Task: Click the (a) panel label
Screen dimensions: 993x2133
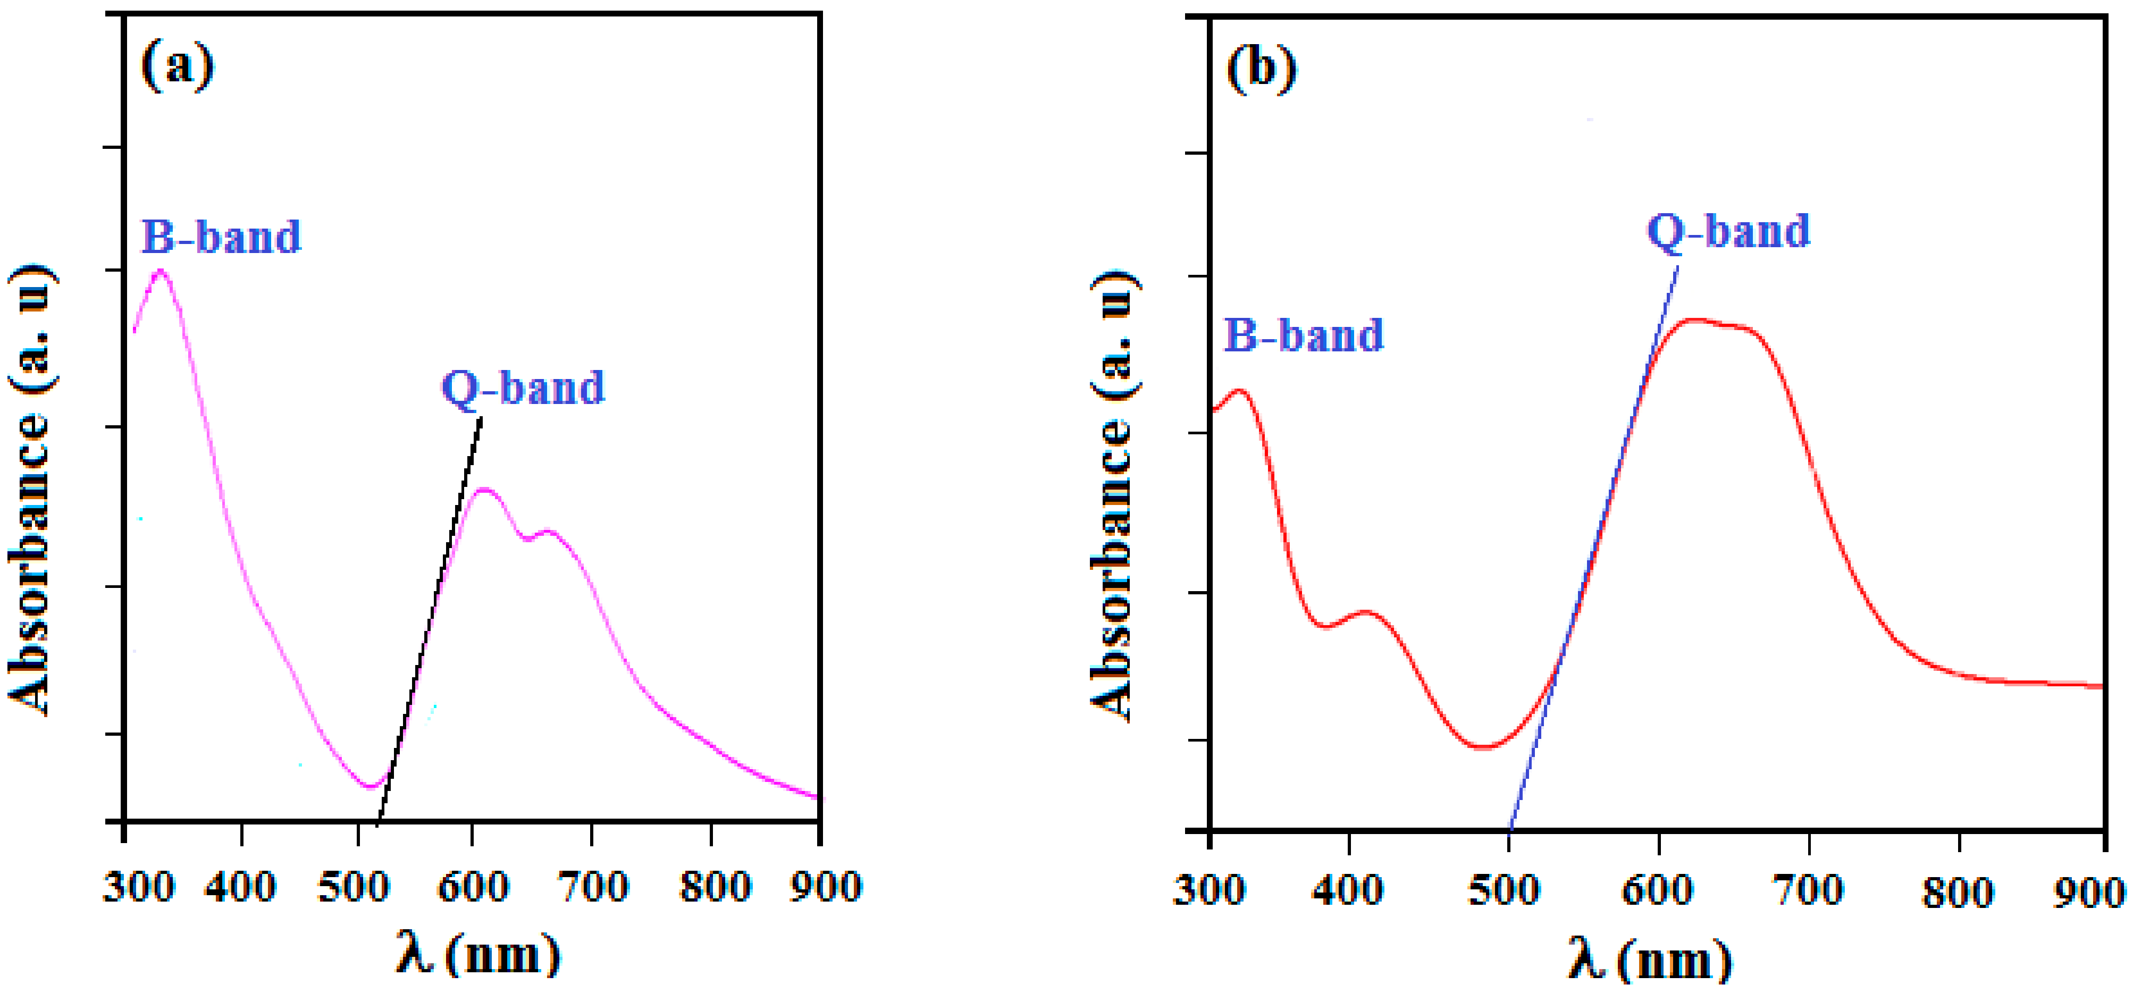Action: point(177,66)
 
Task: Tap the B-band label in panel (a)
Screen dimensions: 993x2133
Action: point(221,237)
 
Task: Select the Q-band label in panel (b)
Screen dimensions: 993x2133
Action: point(1729,231)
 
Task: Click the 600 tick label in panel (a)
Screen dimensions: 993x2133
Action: point(473,888)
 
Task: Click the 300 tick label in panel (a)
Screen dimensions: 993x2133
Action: point(138,888)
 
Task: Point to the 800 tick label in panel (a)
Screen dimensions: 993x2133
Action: point(715,888)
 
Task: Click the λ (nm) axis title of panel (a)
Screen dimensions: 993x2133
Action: point(478,955)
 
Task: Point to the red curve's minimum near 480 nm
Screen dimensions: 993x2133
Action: point(1484,747)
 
